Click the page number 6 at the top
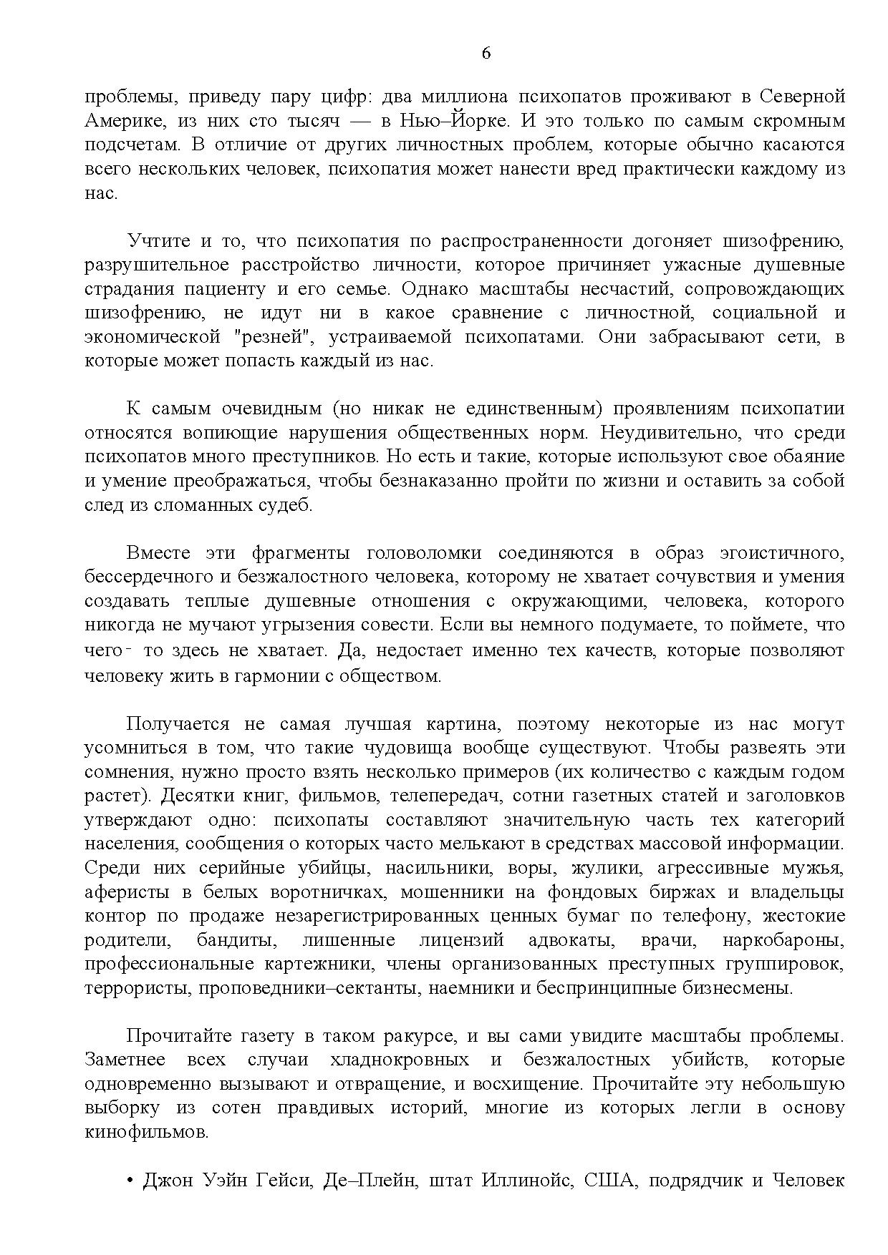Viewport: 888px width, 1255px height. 486,54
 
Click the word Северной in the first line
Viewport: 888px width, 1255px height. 802,97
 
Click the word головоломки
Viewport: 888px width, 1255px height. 424,553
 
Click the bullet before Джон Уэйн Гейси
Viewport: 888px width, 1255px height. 131,1181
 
